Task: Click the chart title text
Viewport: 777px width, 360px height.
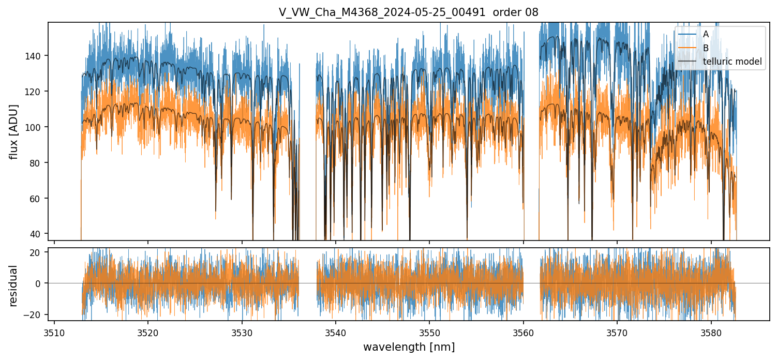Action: tap(409, 12)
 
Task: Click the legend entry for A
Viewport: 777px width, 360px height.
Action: tap(706, 34)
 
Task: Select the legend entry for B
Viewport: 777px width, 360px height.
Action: tap(706, 48)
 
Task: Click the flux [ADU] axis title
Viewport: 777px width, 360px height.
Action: tap(14, 131)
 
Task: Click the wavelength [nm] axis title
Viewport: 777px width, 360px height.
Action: tap(409, 347)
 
